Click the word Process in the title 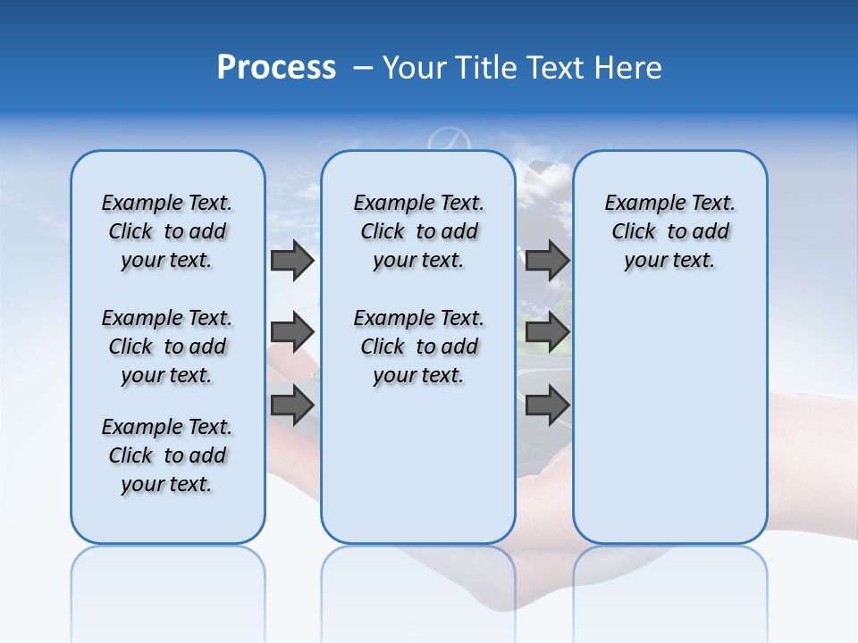[x=276, y=68]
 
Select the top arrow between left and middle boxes [x=291, y=261]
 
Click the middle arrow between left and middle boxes [x=291, y=333]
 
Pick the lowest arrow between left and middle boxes [x=291, y=405]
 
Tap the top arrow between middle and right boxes [x=547, y=261]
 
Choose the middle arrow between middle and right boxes [x=547, y=333]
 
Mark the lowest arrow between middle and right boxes [x=547, y=405]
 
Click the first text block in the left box [x=167, y=231]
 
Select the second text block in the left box [x=167, y=347]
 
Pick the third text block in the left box [x=167, y=455]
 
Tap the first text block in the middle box [x=418, y=231]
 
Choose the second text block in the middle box [x=418, y=347]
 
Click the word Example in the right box [x=639, y=204]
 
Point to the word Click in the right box [x=634, y=232]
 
